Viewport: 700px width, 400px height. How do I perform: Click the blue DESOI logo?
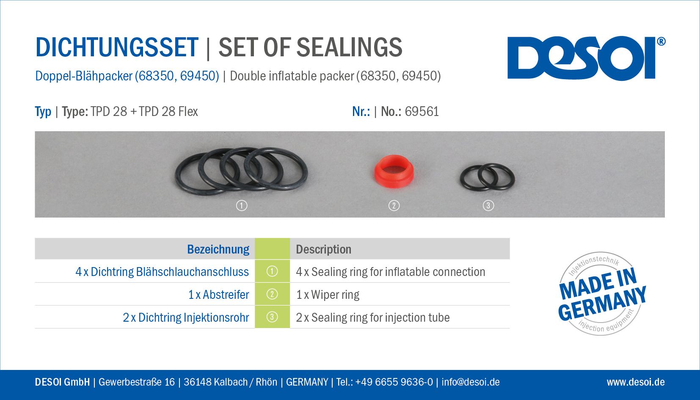coord(581,58)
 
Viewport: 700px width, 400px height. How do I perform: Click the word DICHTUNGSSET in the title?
coord(117,47)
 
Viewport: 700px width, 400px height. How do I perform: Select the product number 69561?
coord(422,112)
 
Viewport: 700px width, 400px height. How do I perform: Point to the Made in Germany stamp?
coord(601,294)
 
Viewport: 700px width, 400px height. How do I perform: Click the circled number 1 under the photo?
coord(242,206)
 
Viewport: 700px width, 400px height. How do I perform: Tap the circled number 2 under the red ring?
coord(394,206)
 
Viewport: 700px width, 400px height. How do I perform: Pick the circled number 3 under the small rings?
coord(488,206)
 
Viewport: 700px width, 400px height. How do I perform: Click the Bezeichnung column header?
coord(218,249)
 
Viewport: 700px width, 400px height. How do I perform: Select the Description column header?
coord(323,249)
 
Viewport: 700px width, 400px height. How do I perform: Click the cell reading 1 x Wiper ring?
coord(328,295)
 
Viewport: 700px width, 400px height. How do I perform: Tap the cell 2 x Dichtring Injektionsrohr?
coord(186,317)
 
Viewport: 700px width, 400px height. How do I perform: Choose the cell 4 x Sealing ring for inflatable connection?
coord(391,272)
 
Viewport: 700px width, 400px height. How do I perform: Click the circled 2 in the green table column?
coord(272,294)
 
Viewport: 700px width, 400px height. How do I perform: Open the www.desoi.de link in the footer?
coord(636,382)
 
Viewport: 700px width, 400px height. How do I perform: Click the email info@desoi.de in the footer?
coord(471,382)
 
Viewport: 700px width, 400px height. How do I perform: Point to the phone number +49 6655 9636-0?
coord(394,382)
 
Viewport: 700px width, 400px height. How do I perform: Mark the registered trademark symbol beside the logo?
coord(661,41)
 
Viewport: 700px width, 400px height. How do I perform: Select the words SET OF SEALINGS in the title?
coord(310,47)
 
